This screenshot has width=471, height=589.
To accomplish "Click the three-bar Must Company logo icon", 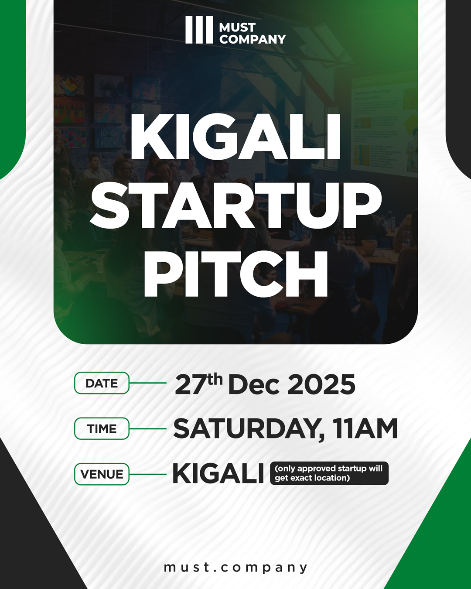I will (x=199, y=30).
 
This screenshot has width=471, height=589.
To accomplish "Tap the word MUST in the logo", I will (x=237, y=27).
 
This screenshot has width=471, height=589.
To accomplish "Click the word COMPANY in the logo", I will (x=253, y=39).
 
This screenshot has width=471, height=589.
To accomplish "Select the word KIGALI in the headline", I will (x=235, y=137).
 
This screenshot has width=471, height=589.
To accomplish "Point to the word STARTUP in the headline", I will (x=235, y=205).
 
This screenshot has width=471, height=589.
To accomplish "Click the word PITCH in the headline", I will (x=235, y=274).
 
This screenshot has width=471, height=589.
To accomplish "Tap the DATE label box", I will (x=102, y=383).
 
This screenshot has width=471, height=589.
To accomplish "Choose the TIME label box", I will (x=102, y=428).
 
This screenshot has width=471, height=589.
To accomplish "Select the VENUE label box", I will (x=102, y=474).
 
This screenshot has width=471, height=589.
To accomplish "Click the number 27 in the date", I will (x=190, y=385).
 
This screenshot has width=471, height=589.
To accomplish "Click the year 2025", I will (x=321, y=385).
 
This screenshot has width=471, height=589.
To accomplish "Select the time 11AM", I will (x=365, y=429).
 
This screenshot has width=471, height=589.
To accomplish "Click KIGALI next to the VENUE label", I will (x=218, y=474).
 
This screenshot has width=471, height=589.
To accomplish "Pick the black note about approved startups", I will (x=329, y=473).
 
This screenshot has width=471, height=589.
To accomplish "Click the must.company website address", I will (x=235, y=567).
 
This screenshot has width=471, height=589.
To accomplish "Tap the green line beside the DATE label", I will (x=148, y=383).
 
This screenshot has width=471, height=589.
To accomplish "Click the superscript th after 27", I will (x=215, y=379).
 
